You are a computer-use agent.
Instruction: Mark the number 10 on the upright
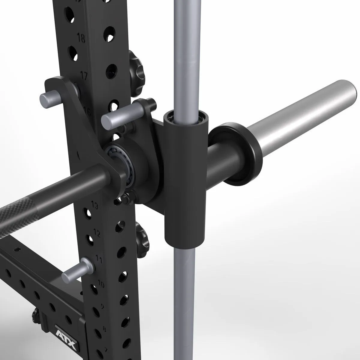coord(101,283)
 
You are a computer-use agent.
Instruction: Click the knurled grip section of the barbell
coord(18,213)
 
